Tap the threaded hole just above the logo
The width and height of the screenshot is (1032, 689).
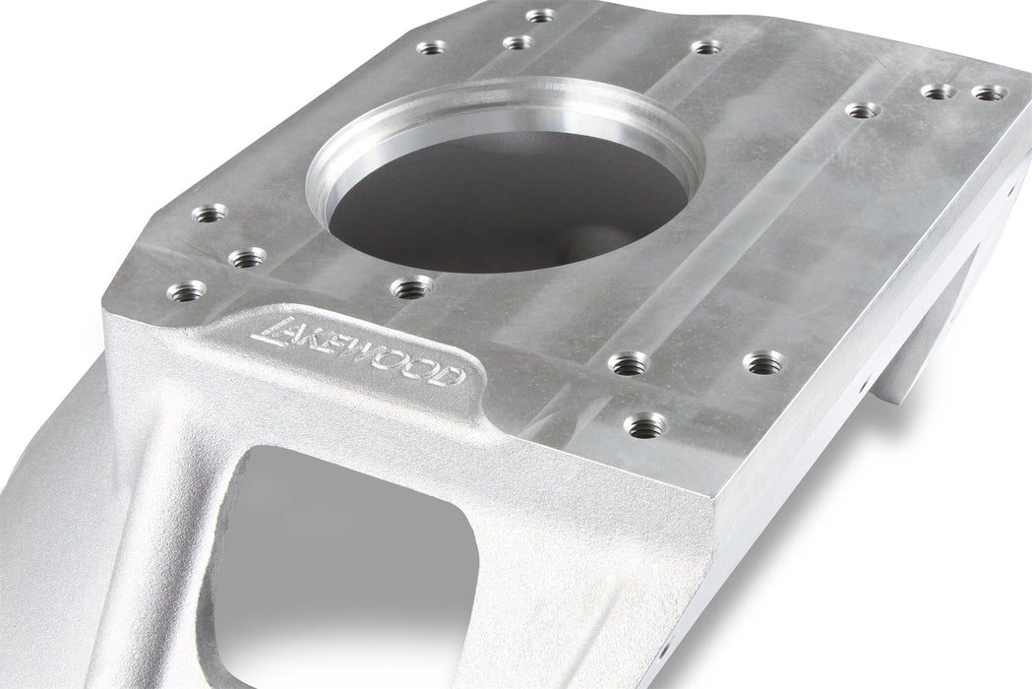tap(411, 287)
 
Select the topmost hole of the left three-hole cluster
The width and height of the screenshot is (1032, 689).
tap(210, 213)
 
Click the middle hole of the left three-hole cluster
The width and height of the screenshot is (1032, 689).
tap(246, 258)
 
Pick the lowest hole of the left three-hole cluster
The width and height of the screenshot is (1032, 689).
tap(186, 290)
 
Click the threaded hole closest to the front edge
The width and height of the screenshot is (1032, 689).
tap(645, 425)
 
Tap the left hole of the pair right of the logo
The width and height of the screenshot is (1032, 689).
tap(629, 364)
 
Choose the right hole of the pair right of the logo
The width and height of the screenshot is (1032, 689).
tap(762, 362)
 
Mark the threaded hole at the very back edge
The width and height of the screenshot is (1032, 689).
tap(540, 15)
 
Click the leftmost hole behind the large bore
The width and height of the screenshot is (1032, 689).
tap(432, 46)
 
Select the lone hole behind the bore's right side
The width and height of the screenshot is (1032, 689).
tap(706, 46)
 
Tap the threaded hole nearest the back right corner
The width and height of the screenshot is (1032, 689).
tap(989, 93)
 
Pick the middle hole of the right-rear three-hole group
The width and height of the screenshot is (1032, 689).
tap(939, 92)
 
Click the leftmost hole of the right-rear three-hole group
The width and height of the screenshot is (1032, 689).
tap(862, 110)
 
